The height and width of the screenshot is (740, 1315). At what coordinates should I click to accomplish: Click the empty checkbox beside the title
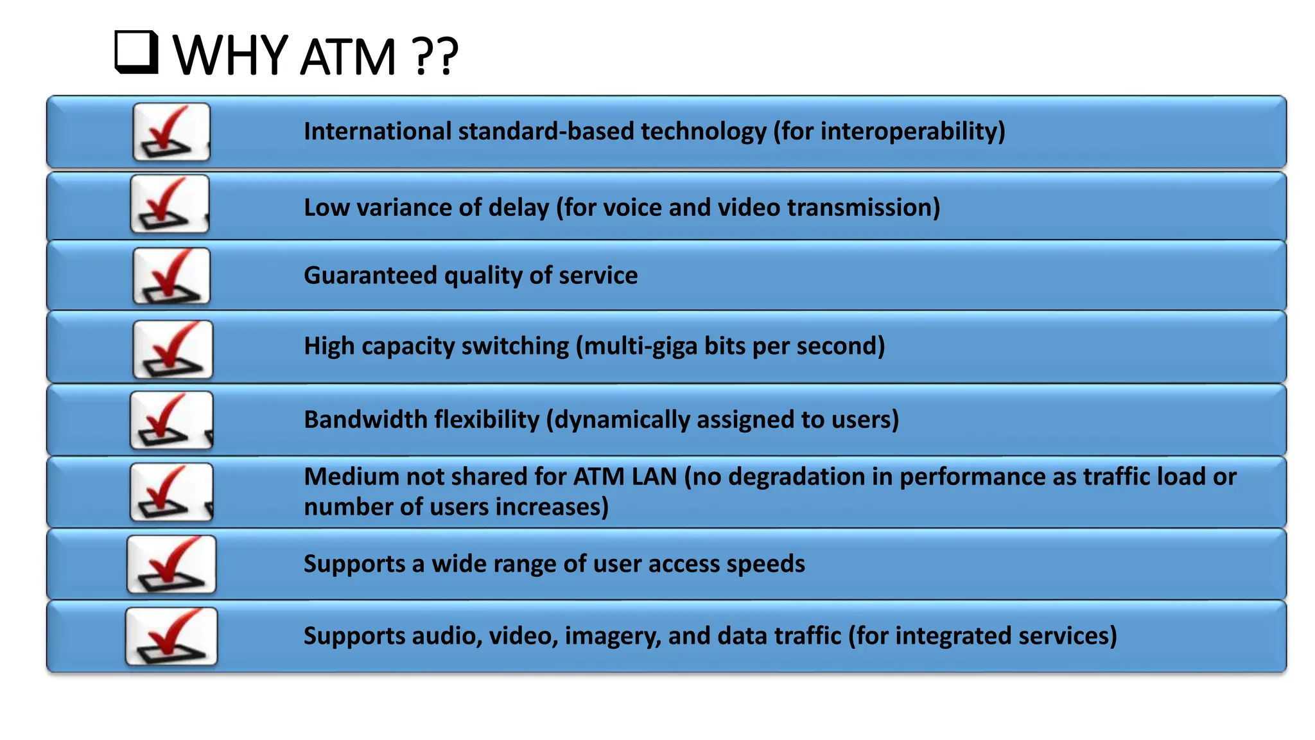point(136,52)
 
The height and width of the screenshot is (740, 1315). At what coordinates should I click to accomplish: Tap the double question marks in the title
point(436,57)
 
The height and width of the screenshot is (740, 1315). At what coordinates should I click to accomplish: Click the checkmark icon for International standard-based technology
point(171,132)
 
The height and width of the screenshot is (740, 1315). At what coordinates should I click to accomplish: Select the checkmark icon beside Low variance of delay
point(170,204)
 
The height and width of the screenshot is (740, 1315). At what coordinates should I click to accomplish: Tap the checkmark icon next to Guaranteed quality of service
point(171,276)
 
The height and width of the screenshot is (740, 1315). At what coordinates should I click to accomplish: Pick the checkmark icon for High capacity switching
point(172,349)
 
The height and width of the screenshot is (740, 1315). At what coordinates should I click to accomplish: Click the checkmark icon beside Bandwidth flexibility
point(171,420)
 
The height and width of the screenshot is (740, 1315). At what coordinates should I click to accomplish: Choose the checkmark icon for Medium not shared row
point(171,492)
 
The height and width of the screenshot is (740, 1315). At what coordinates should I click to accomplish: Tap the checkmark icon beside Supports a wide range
point(171,565)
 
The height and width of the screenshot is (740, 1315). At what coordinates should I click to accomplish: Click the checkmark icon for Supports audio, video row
point(171,637)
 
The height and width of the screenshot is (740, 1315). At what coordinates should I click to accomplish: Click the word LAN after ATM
point(654,477)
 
